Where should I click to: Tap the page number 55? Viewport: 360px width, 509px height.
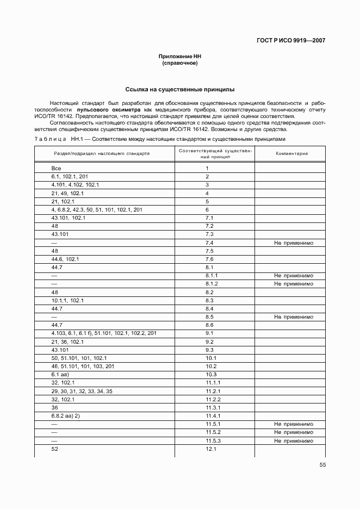(x=322, y=464)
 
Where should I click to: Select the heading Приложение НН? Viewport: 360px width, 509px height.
(x=179, y=57)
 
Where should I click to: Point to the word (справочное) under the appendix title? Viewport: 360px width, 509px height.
(x=179, y=63)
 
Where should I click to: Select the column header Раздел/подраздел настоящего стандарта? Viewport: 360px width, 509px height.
(x=101, y=153)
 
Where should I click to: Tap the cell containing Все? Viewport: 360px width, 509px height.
(x=56, y=169)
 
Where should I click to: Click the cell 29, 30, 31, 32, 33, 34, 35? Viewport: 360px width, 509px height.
(x=82, y=391)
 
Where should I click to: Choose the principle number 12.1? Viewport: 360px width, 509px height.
(x=211, y=449)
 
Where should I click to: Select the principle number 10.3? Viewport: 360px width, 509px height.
(x=211, y=375)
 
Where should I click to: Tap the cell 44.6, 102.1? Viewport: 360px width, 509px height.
(x=65, y=259)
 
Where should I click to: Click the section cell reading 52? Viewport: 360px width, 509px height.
(x=54, y=449)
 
